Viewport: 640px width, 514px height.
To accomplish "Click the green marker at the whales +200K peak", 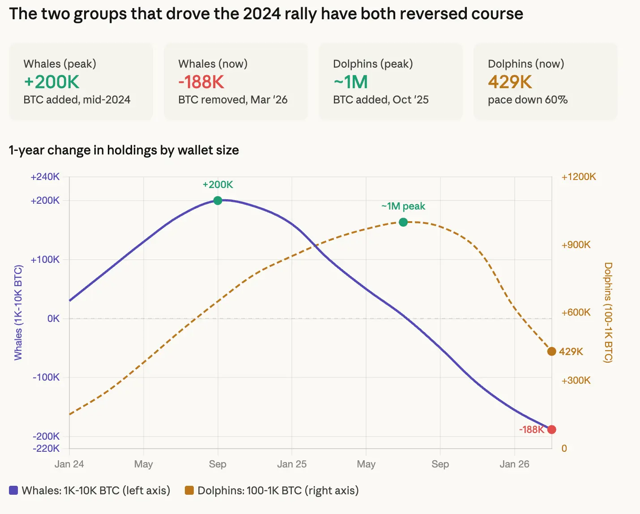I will point(218,201).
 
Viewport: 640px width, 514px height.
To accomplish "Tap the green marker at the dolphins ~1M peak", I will point(403,222).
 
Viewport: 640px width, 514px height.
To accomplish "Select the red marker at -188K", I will point(552,429).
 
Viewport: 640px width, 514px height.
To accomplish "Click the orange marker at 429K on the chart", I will point(551,351).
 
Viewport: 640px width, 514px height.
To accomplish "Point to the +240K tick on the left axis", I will point(45,177).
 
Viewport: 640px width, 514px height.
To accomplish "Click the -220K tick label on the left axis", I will point(46,448).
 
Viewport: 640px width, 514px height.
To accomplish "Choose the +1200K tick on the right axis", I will point(579,177).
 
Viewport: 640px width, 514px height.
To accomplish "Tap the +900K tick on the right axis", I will point(576,245).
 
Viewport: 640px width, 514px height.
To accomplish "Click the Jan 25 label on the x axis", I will point(292,464).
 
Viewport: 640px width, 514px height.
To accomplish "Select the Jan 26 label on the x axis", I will point(514,464).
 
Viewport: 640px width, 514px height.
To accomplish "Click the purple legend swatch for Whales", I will point(13,490).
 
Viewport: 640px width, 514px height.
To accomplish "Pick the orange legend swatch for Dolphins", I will point(189,490).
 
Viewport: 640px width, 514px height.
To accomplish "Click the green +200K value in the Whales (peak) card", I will point(51,82).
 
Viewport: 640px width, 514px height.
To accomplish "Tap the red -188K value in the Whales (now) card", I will point(201,82).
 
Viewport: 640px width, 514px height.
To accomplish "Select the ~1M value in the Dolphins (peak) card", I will point(350,82).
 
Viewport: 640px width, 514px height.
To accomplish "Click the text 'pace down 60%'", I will point(528,99).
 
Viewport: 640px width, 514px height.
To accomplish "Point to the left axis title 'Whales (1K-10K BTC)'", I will point(18,313).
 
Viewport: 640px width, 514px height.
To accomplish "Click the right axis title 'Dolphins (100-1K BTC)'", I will point(608,313).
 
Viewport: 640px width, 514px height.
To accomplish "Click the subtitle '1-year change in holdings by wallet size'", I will point(124,150).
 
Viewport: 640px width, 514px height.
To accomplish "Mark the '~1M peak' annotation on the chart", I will point(403,206).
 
